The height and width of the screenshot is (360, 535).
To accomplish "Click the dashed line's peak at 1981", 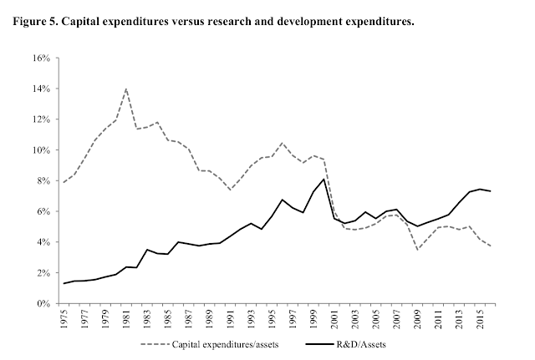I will pyautogui.click(x=125, y=89).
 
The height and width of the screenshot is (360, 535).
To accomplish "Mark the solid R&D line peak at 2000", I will pyautogui.click(x=324, y=179).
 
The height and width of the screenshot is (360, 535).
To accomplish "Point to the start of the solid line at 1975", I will pyautogui.click(x=63, y=283).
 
